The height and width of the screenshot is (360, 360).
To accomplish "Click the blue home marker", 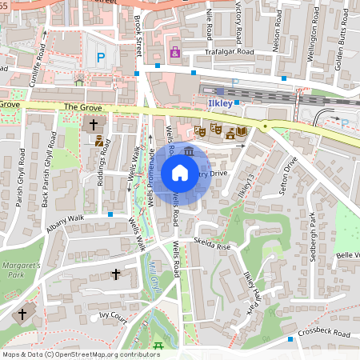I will (x=180, y=173).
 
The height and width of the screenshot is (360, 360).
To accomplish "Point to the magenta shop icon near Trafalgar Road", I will (x=174, y=53).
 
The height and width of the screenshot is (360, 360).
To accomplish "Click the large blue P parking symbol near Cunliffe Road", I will (x=100, y=57).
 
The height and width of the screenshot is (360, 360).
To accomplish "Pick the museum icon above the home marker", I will (x=188, y=150).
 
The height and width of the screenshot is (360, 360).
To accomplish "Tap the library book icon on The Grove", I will (x=241, y=130).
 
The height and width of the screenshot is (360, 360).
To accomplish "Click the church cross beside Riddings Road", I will (x=94, y=124).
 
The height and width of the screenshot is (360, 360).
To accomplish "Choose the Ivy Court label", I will (x=114, y=317).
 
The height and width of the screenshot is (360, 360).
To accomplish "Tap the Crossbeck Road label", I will (x=326, y=332).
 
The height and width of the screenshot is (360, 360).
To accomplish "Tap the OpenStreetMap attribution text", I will (x=81, y=354).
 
